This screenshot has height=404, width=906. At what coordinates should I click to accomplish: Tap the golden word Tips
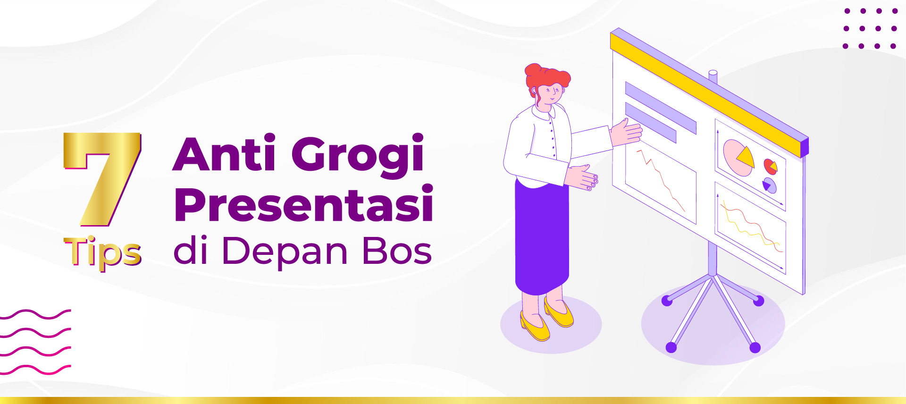tap(103, 252)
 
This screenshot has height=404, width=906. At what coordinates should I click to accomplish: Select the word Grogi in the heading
tap(358, 155)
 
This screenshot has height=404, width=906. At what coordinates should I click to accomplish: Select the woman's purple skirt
tap(541, 236)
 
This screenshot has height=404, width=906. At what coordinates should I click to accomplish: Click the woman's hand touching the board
tap(626, 132)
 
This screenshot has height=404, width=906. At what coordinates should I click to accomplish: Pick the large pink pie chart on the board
tap(737, 157)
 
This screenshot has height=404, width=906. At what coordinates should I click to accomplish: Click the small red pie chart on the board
tap(770, 166)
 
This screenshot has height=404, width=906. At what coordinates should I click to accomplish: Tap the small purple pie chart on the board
tap(769, 185)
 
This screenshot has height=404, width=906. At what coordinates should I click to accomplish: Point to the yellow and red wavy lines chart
tap(750, 227)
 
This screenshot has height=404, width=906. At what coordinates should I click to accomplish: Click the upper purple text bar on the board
tap(661, 108)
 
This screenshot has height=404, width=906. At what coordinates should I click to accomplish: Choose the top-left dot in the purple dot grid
tap(847, 11)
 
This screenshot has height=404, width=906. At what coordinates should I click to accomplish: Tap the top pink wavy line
tap(35, 314)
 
